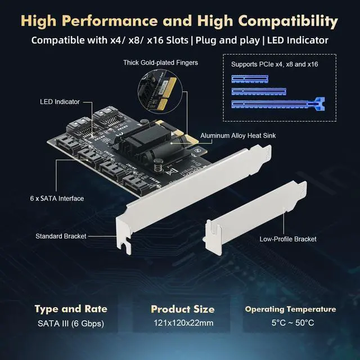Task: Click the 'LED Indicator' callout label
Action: [x=60, y=102]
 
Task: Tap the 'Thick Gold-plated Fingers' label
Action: [x=161, y=62]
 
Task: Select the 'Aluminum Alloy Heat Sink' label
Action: [x=243, y=136]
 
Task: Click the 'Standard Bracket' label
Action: [x=61, y=236]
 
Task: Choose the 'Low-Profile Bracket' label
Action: [x=288, y=239]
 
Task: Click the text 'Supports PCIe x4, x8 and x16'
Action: [x=274, y=65]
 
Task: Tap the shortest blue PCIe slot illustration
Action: [x=245, y=78]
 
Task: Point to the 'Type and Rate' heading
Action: [x=71, y=309]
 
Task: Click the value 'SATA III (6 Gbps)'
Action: [x=71, y=323]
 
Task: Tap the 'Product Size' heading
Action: [x=182, y=309]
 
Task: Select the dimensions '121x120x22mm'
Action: [x=182, y=323]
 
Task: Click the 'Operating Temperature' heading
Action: [x=290, y=309]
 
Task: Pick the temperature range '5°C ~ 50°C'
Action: [x=290, y=323]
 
